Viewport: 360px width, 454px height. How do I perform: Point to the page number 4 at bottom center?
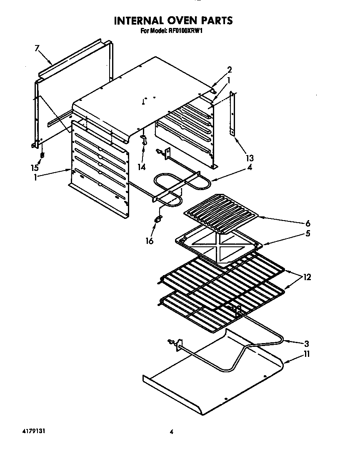coord(171,432)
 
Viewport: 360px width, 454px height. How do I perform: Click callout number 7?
coord(37,48)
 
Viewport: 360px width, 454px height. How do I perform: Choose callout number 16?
coord(149,241)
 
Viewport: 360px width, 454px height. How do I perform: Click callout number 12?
coord(307,277)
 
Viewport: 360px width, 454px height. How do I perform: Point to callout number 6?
coord(307,223)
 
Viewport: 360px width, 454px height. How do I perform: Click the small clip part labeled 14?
coord(144,140)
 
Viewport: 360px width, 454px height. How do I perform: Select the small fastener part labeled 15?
coord(42,155)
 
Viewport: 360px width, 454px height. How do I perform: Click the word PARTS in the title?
coord(212,20)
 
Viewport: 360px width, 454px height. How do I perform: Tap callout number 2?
coord(229,70)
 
